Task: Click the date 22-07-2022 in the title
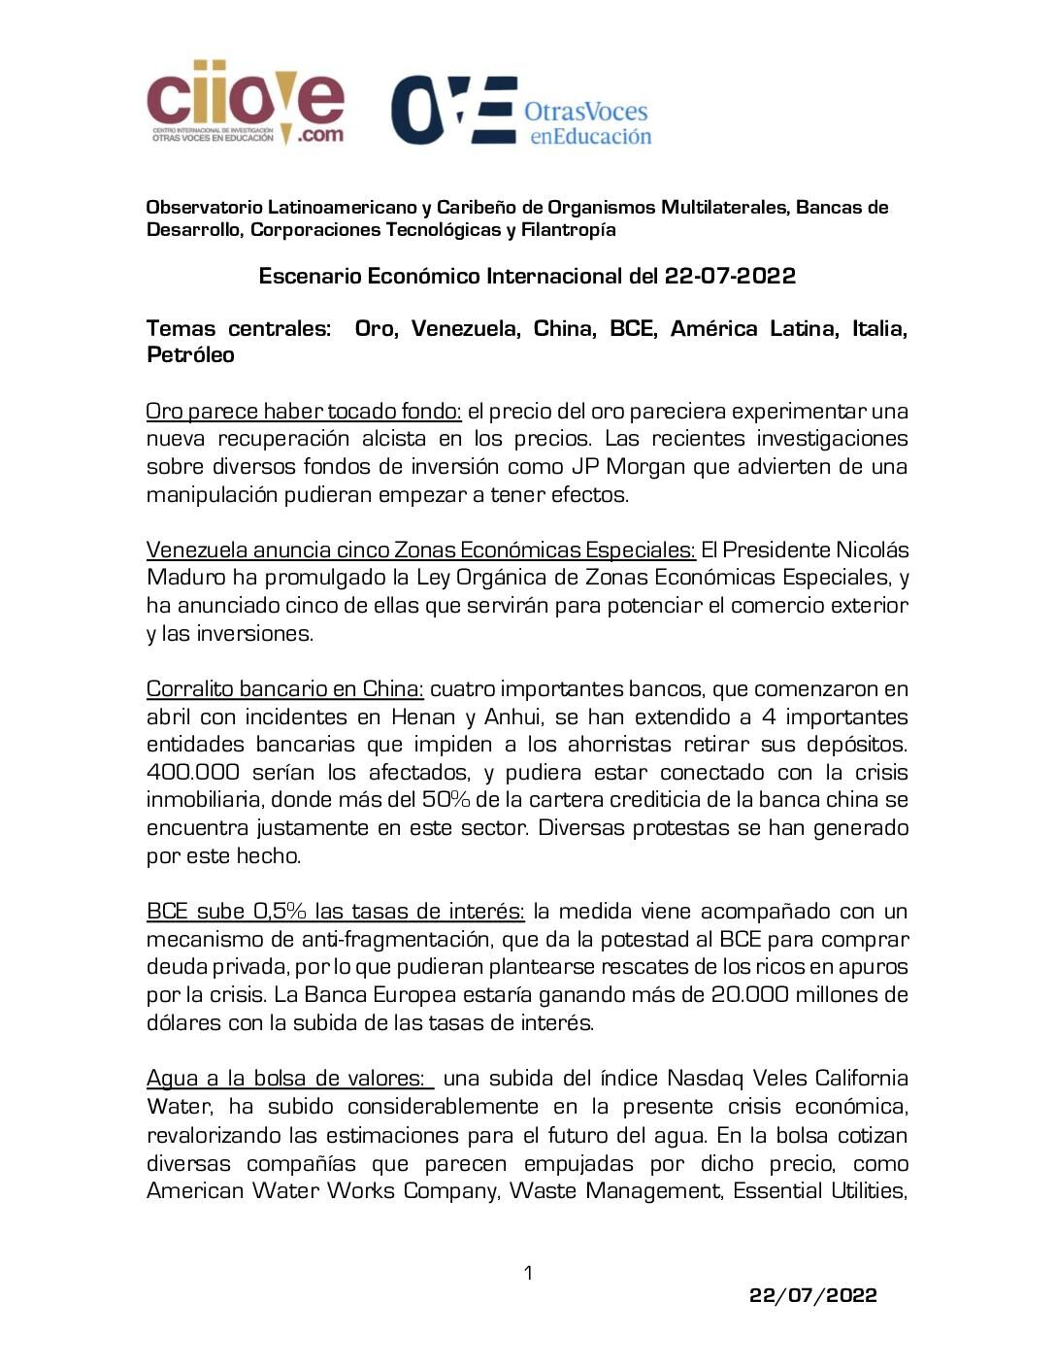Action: tap(730, 277)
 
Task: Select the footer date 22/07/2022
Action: tap(813, 1295)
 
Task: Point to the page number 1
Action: tap(528, 1273)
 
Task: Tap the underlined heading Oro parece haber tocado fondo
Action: tap(304, 411)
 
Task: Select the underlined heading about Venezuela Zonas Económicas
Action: tap(420, 550)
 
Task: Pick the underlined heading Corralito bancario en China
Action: tap(284, 689)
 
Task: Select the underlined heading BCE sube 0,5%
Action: tap(335, 912)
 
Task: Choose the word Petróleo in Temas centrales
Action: tap(190, 355)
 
